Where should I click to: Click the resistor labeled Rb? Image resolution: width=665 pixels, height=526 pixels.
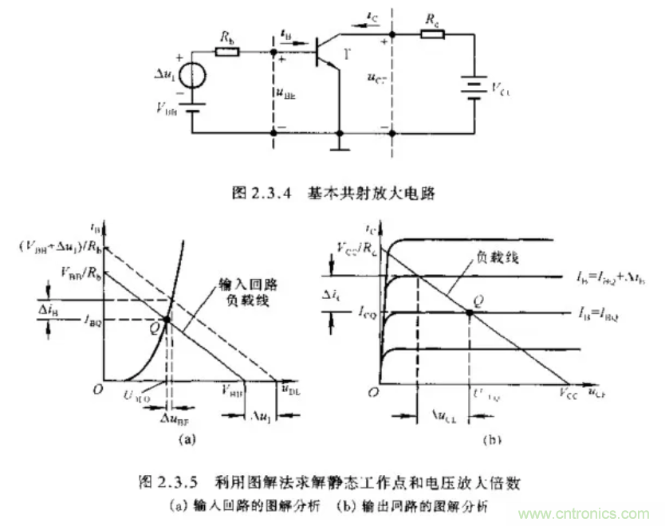226,53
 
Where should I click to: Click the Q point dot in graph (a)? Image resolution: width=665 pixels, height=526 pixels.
166,320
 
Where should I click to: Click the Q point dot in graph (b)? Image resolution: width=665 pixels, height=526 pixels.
469,312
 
